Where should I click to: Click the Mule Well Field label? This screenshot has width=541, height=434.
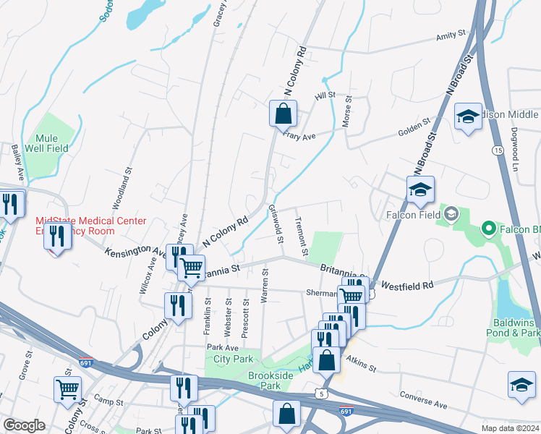pos(51,143)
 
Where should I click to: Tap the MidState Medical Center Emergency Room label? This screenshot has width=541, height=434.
pos(91,226)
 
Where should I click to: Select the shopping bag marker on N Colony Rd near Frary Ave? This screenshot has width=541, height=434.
pos(283,114)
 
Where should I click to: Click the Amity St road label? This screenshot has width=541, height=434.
pos(451,36)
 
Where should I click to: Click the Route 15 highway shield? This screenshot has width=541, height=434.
pos(497,150)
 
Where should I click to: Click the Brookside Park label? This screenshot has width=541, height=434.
pos(270,381)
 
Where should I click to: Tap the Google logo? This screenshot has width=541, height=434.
pos(24,425)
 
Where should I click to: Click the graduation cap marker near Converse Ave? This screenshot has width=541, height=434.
pos(521,384)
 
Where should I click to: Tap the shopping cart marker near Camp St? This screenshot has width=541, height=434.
pos(68,389)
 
